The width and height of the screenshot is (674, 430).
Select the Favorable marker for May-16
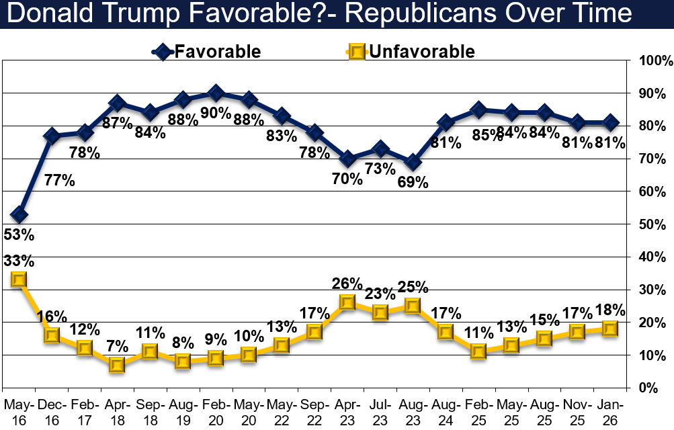point(19,215)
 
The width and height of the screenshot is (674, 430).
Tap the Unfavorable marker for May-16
point(19,279)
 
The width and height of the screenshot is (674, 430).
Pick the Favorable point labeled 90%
point(216,92)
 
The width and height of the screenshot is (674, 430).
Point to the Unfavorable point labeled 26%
point(347,302)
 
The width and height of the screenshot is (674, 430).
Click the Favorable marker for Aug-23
point(413,163)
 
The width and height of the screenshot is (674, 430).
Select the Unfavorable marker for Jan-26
point(610,329)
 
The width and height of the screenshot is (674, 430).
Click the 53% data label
point(19,236)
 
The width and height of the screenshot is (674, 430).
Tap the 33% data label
point(19,260)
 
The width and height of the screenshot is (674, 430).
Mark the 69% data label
point(413,183)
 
